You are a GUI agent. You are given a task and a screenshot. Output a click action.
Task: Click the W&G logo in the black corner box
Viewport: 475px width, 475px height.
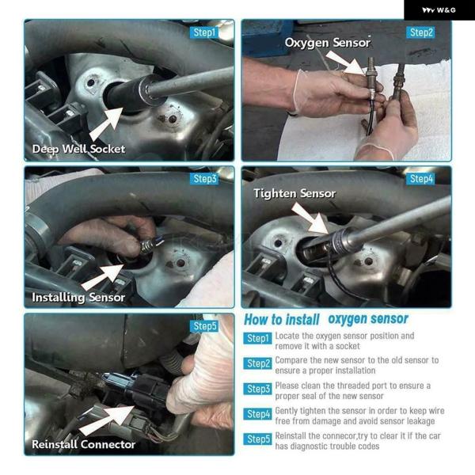click(439, 10)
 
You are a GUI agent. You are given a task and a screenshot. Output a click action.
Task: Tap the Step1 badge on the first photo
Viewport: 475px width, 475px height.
click(204, 32)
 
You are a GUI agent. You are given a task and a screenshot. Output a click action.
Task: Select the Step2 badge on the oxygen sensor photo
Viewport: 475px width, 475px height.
click(420, 32)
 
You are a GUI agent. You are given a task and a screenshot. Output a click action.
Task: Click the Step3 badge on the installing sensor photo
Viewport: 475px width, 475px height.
click(204, 179)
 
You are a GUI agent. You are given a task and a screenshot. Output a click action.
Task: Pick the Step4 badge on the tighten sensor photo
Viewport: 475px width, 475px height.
click(420, 179)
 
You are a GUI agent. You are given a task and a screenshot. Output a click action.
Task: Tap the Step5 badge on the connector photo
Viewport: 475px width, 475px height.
click(204, 326)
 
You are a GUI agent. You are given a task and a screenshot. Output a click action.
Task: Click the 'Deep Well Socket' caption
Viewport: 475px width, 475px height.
click(78, 149)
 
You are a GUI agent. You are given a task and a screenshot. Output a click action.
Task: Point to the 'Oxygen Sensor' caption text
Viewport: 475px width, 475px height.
click(328, 43)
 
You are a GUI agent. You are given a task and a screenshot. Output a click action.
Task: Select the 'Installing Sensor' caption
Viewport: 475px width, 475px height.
click(78, 298)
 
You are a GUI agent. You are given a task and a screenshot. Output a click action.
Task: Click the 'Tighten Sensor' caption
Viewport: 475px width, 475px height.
click(294, 194)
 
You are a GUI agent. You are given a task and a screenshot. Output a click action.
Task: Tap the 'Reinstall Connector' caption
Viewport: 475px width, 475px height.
click(83, 444)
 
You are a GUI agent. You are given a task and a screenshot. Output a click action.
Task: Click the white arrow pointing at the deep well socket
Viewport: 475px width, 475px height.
click(107, 123)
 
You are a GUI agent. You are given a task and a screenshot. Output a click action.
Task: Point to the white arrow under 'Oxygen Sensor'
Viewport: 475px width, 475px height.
click(346, 62)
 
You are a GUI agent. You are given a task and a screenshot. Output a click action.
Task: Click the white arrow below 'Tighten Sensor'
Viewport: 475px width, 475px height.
click(310, 218)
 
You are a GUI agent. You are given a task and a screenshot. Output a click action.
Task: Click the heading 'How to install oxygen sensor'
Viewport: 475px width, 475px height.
click(326, 319)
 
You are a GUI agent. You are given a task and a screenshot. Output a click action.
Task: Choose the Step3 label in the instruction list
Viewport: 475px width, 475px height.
click(257, 389)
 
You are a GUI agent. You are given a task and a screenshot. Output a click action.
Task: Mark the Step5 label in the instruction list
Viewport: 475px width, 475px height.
click(257, 439)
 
